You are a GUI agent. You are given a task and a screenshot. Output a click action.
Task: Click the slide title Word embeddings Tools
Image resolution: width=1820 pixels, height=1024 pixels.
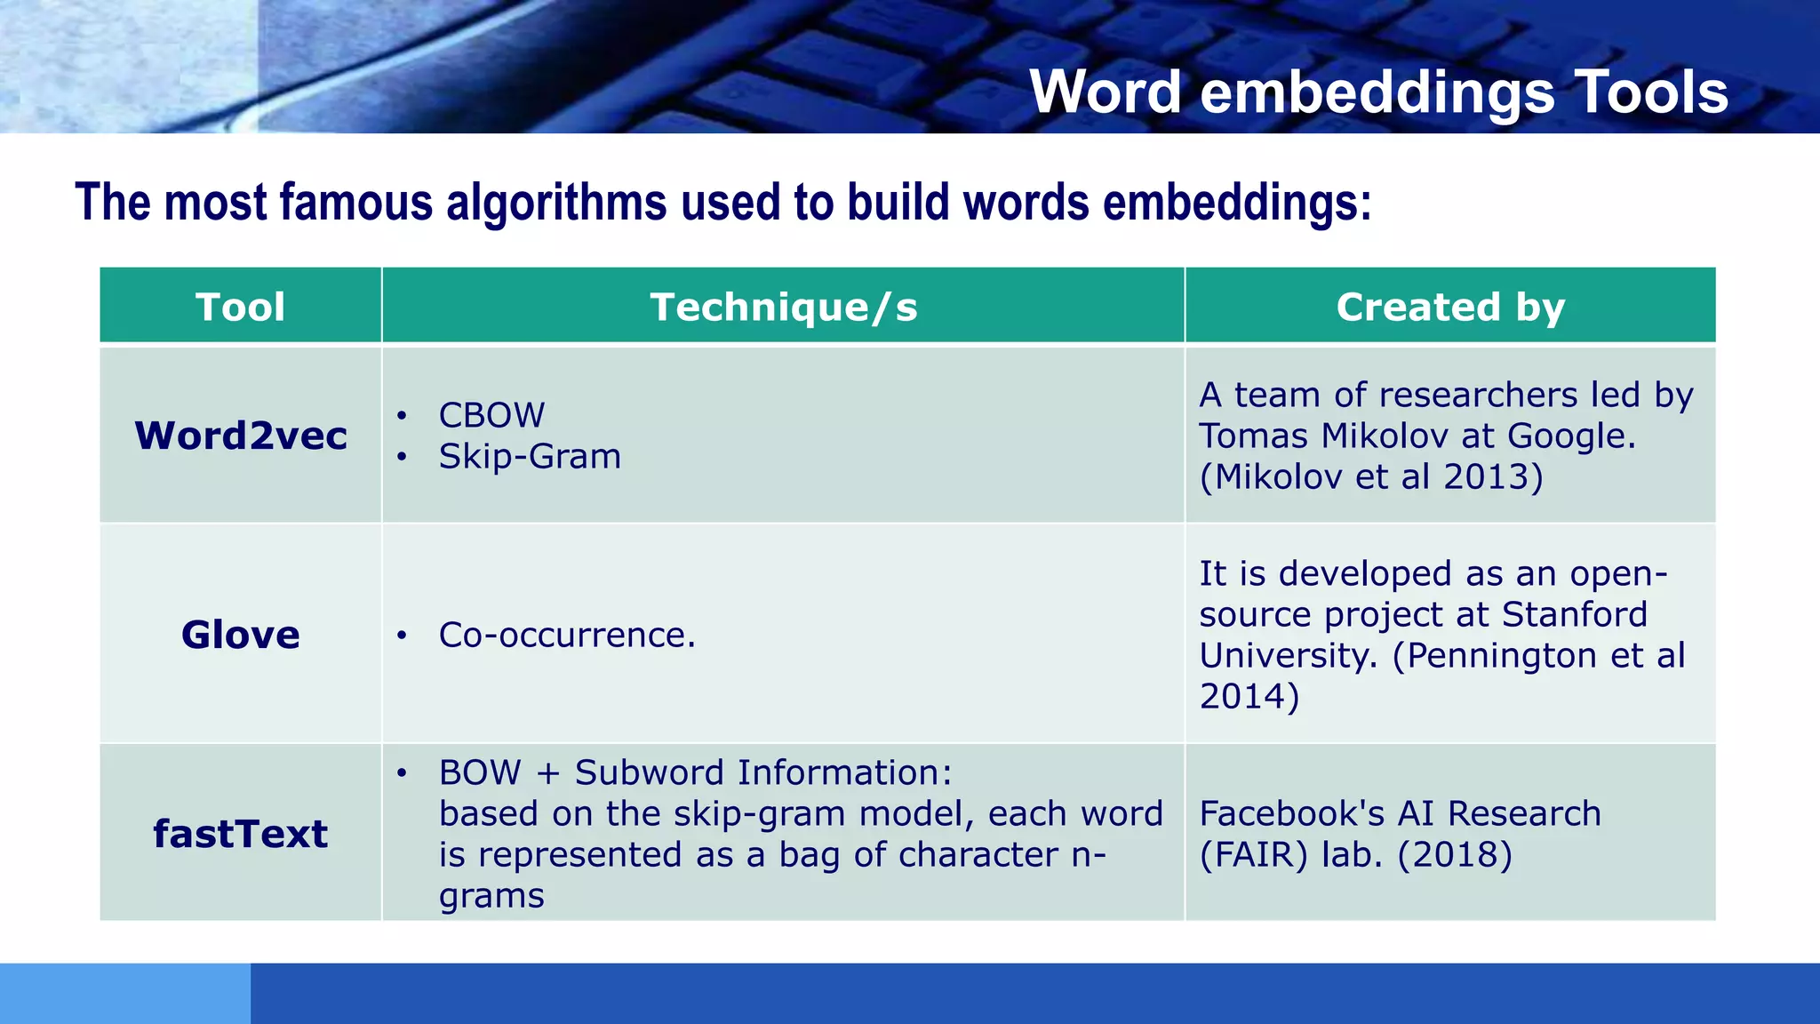coord(1378,92)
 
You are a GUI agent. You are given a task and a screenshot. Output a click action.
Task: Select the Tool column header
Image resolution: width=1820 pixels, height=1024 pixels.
coord(240,307)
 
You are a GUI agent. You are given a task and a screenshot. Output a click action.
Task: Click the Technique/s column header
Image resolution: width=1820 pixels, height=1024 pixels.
coord(783,307)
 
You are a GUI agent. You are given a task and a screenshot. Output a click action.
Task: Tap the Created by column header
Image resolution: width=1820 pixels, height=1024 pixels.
coord(1450,307)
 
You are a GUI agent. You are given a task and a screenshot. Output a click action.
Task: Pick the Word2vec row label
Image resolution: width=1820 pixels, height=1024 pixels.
coord(241,436)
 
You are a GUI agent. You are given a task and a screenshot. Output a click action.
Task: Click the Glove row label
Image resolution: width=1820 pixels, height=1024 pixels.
coord(241,635)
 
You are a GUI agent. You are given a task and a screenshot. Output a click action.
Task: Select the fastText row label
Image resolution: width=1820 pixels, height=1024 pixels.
coord(241,834)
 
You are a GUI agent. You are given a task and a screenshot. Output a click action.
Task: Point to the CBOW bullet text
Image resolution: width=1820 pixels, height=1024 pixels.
coord(491,415)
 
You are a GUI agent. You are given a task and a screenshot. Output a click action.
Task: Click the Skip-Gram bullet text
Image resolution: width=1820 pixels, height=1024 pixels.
coord(530,456)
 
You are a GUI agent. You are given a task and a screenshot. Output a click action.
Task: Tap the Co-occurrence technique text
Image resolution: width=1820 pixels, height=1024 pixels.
coord(566,635)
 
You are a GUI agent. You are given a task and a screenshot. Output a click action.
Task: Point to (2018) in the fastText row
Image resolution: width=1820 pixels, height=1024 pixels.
coord(1455,854)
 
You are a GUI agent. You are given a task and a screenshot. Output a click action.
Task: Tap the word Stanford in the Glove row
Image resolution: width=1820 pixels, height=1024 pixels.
coord(1575,614)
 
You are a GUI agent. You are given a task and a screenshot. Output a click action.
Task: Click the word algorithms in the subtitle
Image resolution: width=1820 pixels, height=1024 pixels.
coord(556,203)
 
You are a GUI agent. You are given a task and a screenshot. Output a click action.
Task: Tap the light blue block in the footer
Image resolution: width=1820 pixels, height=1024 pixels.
coord(124,993)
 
